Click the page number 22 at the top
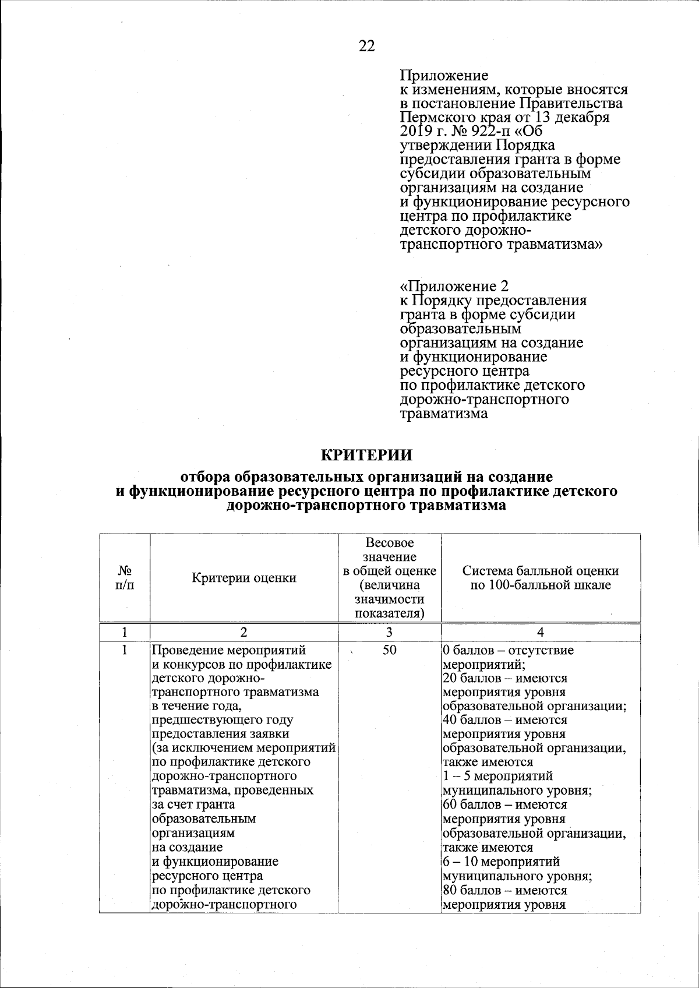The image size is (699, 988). (366, 47)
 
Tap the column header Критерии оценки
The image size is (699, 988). (244, 578)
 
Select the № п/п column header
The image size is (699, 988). (124, 578)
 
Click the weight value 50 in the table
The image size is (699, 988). (389, 650)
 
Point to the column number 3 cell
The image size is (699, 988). (389, 633)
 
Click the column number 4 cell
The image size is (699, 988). (541, 633)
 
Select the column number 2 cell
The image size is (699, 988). (244, 633)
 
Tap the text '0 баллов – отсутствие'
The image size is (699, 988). (508, 650)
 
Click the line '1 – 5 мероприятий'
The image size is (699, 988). (498, 776)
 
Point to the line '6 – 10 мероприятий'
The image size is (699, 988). (502, 861)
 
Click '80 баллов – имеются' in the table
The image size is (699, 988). (504, 890)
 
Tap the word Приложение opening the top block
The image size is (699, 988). (444, 76)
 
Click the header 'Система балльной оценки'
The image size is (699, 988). (541, 571)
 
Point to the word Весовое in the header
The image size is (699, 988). (389, 543)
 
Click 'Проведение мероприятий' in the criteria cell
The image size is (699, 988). (228, 650)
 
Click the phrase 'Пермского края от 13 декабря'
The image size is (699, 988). (504, 118)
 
